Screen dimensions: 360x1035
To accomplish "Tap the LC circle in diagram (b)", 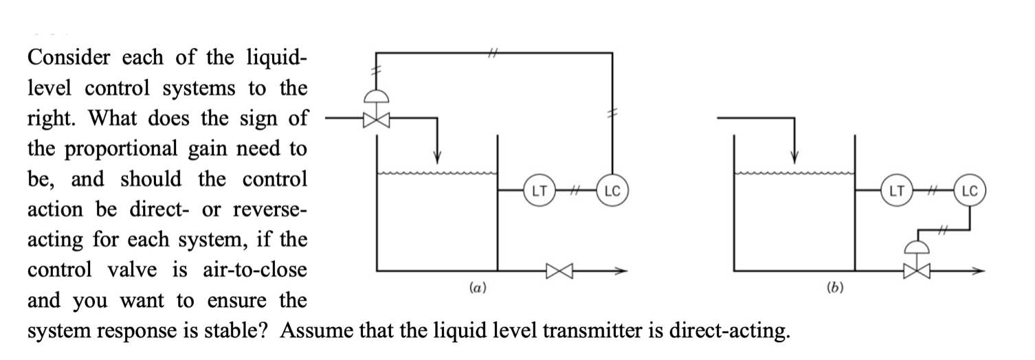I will click(x=970, y=190).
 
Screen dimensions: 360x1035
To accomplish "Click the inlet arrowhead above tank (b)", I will click(x=795, y=155).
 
